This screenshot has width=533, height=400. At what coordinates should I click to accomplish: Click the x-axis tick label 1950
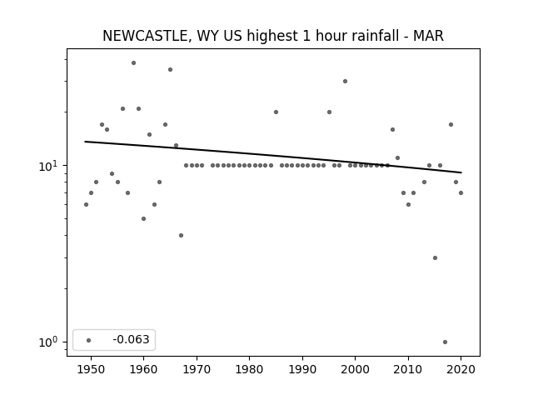pos(91,369)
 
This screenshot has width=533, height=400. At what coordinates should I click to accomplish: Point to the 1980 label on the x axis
pos(250,369)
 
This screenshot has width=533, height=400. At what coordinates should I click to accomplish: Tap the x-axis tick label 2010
pos(408,369)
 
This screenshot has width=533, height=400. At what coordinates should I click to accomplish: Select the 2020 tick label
pos(461,369)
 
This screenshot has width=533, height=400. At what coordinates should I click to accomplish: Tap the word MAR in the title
pos(428,36)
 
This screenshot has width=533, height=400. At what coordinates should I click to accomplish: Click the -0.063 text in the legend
pos(132,339)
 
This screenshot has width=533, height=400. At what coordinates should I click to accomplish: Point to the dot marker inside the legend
pos(89,340)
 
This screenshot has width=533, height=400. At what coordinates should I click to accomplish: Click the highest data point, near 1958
pos(133,63)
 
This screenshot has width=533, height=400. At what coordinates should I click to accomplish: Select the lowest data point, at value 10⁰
pos(445,342)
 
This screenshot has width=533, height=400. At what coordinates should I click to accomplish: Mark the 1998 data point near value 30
pos(345,82)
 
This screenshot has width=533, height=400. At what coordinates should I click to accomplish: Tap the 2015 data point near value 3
pos(435,257)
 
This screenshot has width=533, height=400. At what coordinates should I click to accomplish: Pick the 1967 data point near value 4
pos(181,235)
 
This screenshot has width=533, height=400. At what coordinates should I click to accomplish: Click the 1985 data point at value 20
pos(276,112)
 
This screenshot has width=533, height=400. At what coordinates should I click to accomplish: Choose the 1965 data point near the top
pos(170,69)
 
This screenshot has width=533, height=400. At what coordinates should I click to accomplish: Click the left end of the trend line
pos(85,142)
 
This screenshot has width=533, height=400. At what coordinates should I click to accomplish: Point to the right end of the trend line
pos(461,172)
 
